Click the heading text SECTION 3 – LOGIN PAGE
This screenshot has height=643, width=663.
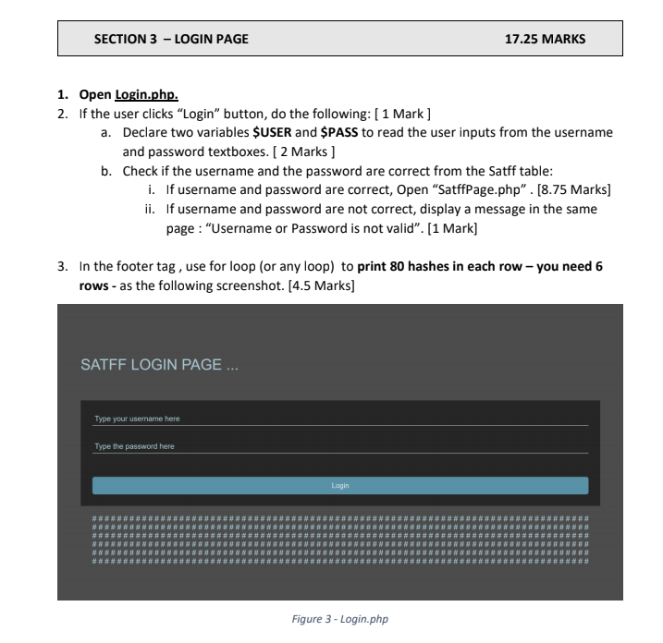coord(171,40)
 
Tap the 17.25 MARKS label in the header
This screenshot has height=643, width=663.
coord(545,40)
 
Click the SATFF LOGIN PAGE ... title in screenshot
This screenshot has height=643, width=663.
coord(160,364)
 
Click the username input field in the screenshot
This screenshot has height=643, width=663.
coord(339,419)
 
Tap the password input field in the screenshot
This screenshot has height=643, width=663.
coord(339,447)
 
